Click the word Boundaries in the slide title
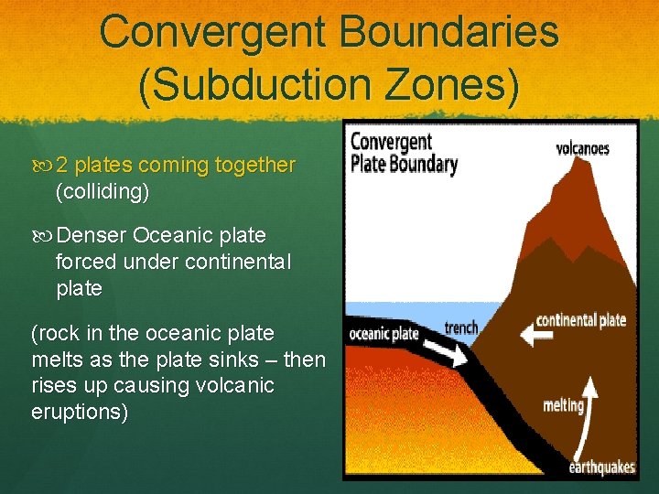click(x=448, y=32)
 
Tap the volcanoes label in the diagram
click(x=582, y=148)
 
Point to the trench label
click(x=460, y=328)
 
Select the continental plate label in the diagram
click(x=580, y=320)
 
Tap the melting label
click(x=563, y=405)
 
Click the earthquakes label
click(x=601, y=467)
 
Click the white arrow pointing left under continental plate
click(x=537, y=337)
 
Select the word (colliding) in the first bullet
click(x=102, y=192)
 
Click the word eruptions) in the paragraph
click(x=80, y=412)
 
